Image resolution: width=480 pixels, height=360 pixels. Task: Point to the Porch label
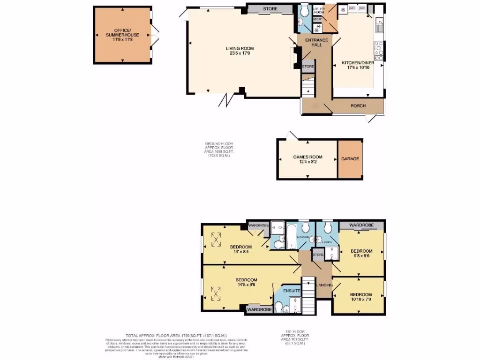pos(358,106)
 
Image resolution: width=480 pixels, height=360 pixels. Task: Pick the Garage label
pos(350,159)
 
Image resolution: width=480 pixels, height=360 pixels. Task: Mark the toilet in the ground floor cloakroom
pos(304,10)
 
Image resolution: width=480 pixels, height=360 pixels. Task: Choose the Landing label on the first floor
pos(325,285)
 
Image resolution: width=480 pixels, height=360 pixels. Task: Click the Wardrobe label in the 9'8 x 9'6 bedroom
pos(360,225)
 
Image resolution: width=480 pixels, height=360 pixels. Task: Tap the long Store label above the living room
pos(270,9)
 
